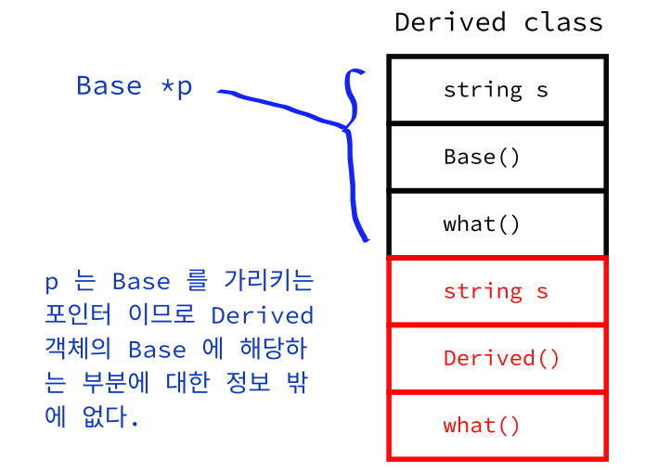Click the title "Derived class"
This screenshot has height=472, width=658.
tap(499, 22)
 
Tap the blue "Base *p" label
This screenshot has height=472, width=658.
tap(135, 86)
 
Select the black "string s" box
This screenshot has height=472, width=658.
tap(497, 90)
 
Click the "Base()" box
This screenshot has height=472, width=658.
tap(497, 158)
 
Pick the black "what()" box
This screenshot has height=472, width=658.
tap(497, 224)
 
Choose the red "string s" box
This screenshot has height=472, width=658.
tap(497, 291)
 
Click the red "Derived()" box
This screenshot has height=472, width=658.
tap(497, 358)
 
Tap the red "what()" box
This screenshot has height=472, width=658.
tap(497, 426)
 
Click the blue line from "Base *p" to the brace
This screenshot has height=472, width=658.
tap(282, 107)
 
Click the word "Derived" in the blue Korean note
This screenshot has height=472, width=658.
tap(263, 315)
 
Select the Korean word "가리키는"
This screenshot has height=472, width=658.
tap(269, 281)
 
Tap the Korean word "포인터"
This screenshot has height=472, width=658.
tap(79, 314)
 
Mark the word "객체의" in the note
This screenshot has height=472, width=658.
tap(79, 349)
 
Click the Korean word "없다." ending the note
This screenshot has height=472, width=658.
tap(110, 416)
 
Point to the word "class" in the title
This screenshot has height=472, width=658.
tap(564, 22)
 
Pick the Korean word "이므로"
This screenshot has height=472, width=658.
tap(161, 314)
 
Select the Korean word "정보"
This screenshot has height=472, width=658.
tap(248, 382)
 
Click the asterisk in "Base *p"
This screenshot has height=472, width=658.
tap(167, 86)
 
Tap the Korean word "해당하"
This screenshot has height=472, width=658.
tap(274, 349)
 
